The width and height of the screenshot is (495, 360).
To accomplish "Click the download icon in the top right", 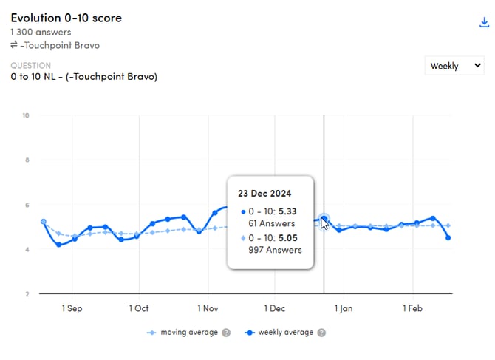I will coord(485,22).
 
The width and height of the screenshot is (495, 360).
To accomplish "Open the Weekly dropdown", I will coord(454,66).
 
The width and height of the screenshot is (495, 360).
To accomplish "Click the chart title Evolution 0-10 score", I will coord(66,18).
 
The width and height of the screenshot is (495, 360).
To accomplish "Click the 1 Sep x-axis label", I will coord(72,308).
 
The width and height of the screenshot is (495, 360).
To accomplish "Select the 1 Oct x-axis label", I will coord(138,308).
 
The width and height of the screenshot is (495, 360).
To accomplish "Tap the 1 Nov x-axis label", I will coord(208,308).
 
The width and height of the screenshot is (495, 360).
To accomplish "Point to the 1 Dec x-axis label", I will coord(274,308).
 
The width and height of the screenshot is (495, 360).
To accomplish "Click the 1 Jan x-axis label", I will coord(344,308).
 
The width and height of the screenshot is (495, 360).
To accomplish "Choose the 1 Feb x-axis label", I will coord(412,308).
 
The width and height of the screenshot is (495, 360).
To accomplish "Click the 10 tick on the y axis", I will coord(26,115).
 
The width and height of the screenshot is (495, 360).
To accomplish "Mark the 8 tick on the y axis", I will coord(27,160).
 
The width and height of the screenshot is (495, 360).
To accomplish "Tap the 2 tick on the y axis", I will coord(27,294).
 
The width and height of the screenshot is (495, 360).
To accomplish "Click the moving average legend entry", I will coord(189,333).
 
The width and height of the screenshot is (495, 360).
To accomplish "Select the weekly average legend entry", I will coord(284,333).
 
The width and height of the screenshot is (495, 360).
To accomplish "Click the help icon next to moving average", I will coord(226,333).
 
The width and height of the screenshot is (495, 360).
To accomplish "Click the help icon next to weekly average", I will coord(321,333).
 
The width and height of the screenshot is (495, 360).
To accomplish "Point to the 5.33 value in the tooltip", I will coord(287,211).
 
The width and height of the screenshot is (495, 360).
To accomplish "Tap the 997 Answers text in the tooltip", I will coord(275,250).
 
